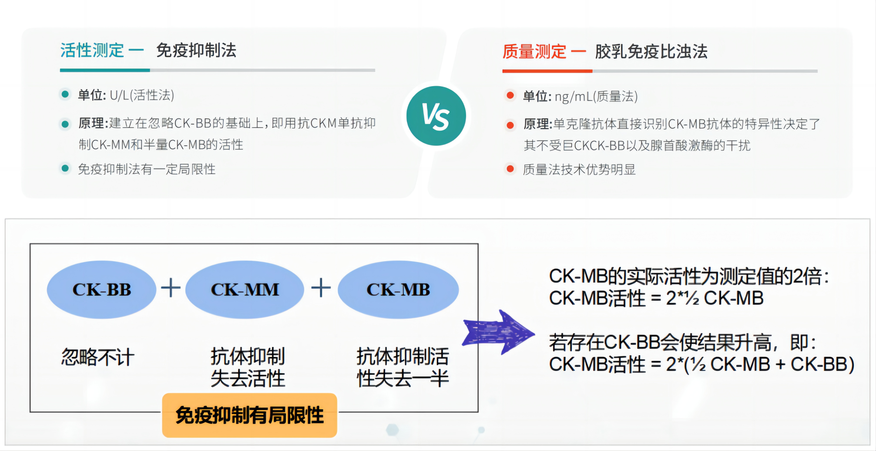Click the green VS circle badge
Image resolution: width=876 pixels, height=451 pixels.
pyautogui.click(x=436, y=116)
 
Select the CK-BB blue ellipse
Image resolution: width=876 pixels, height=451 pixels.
pyautogui.click(x=101, y=289)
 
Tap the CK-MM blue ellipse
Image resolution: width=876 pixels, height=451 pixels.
pyautogui.click(x=245, y=289)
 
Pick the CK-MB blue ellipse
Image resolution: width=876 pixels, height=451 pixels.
pyautogui.click(x=398, y=289)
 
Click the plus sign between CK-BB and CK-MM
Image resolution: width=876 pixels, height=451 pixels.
pyautogui.click(x=171, y=288)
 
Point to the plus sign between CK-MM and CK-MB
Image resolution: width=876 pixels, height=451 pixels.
pyautogui.click(x=321, y=288)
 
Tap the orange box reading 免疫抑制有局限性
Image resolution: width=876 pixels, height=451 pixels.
pyautogui.click(x=249, y=415)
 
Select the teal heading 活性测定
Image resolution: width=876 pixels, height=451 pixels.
pyautogui.click(x=92, y=50)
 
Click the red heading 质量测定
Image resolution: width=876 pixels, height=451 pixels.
pyautogui.click(x=534, y=52)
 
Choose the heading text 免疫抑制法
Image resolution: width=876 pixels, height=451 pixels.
pyautogui.click(x=196, y=50)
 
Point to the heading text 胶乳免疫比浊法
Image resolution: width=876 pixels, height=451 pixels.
pyautogui.click(x=651, y=52)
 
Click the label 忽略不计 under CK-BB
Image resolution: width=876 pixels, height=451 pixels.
pyautogui.click(x=98, y=357)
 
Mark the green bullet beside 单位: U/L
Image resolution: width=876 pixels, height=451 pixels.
pyautogui.click(x=65, y=94)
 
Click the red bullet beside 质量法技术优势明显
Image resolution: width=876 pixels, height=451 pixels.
pyautogui.click(x=510, y=169)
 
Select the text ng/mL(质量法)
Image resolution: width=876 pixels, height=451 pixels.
pyautogui.click(x=596, y=96)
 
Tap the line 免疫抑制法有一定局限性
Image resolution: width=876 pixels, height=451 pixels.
pyautogui.click(x=147, y=169)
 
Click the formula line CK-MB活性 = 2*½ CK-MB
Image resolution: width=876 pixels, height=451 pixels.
pyautogui.click(x=656, y=299)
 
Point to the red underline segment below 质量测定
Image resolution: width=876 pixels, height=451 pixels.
pyautogui.click(x=547, y=71)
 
